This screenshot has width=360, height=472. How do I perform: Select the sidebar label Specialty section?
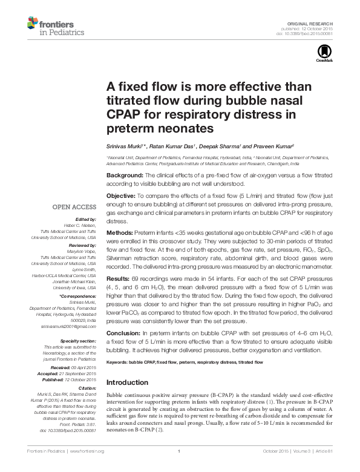(82, 341)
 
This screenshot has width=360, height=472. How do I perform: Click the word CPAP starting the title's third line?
(123, 114)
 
